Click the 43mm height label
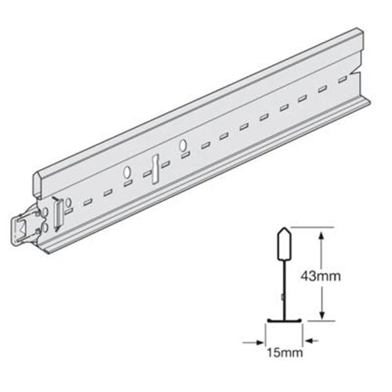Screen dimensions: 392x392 click(x=321, y=276)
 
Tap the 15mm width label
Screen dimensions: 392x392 click(x=285, y=353)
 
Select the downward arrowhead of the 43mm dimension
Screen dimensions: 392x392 click(x=322, y=316)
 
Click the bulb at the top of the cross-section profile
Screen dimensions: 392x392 click(x=284, y=243)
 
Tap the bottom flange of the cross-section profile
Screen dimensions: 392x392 click(x=284, y=320)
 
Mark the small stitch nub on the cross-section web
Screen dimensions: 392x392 click(x=282, y=297)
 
